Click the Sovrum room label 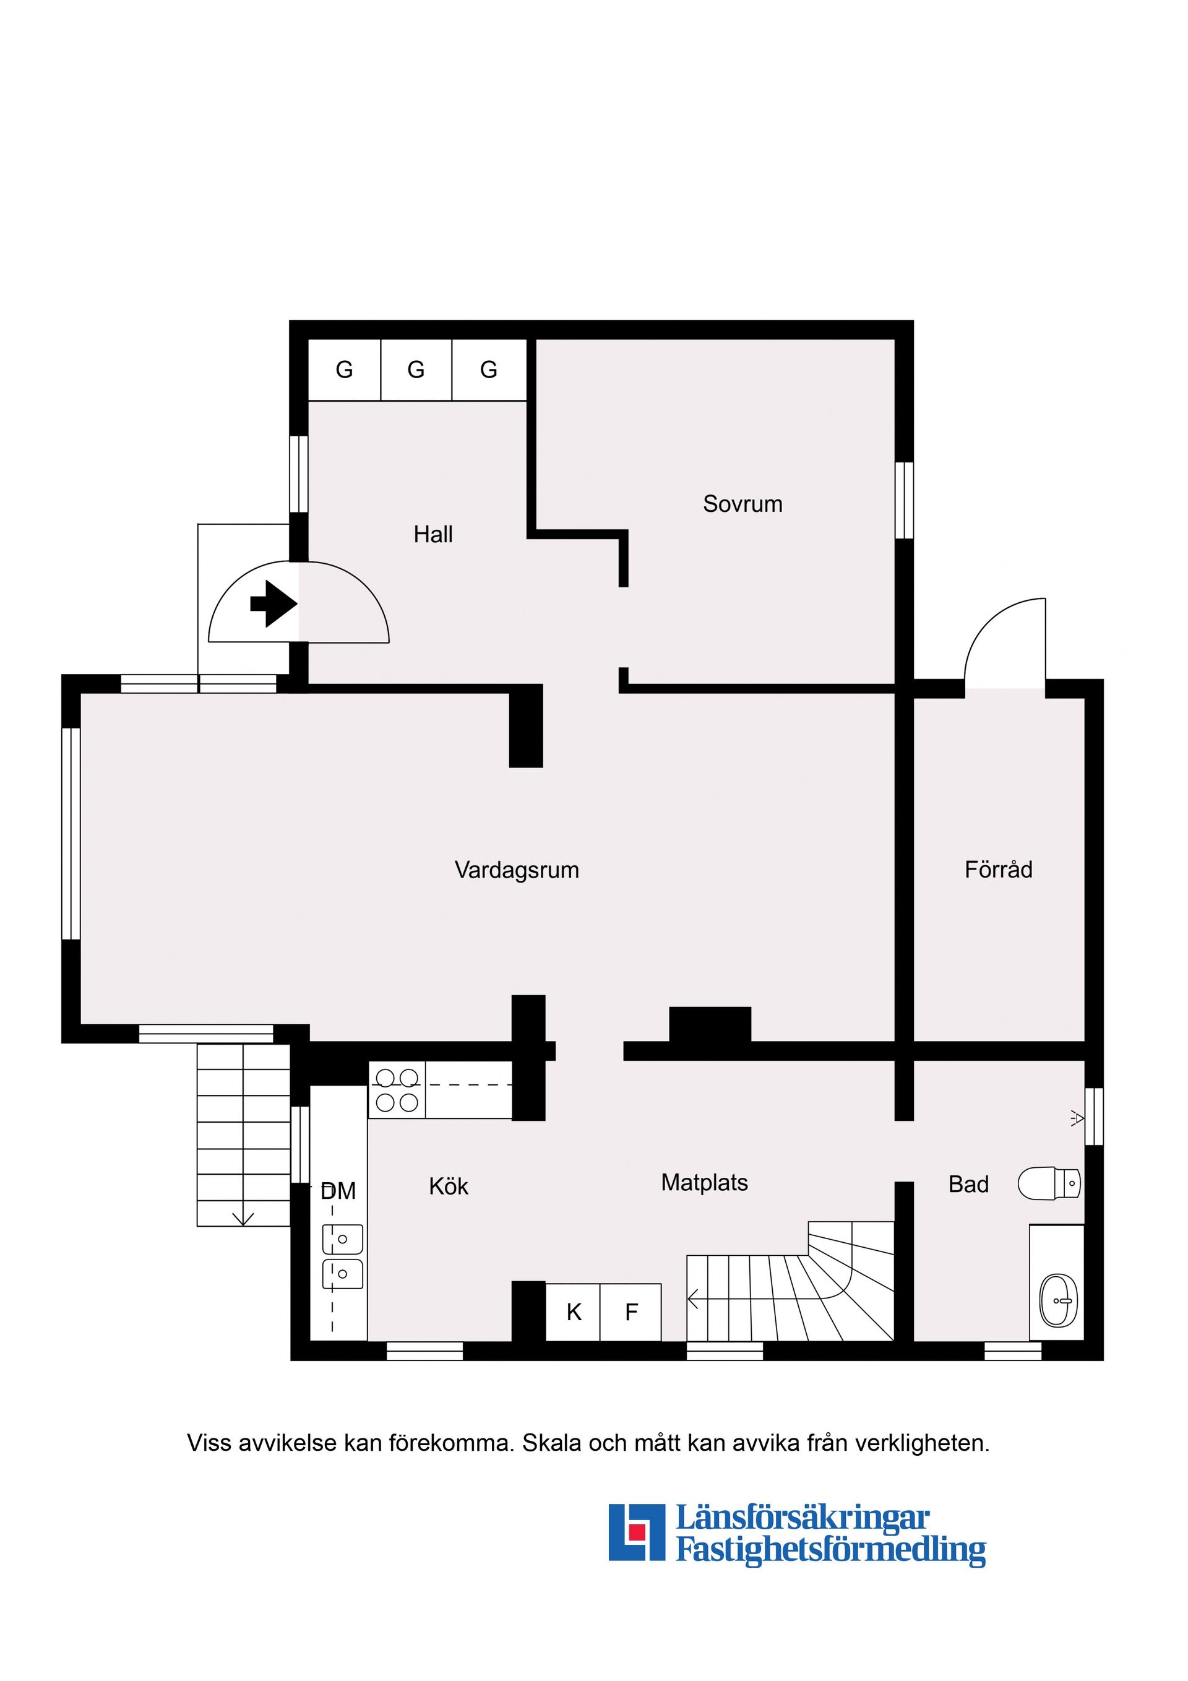742,504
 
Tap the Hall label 433,535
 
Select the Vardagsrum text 517,870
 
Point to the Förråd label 999,869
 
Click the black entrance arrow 273,604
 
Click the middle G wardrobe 416,369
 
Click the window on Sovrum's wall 905,500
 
